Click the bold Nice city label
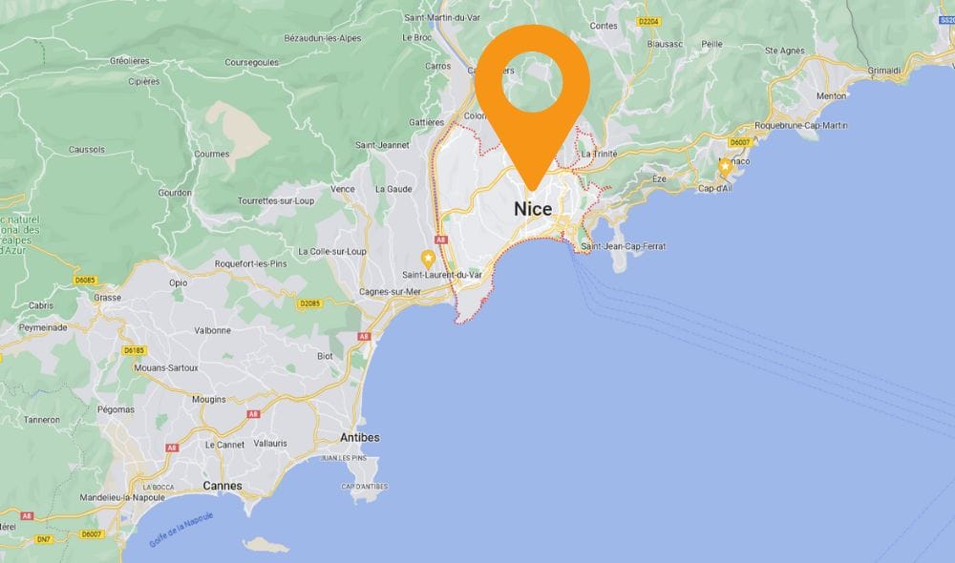(533, 209)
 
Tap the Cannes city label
(222, 486)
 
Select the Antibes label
(360, 437)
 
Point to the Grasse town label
(108, 297)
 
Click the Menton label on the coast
(832, 95)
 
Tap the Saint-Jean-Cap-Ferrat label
(624, 246)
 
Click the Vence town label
(342, 189)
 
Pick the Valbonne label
(212, 330)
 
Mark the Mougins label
(209, 399)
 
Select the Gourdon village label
(175, 191)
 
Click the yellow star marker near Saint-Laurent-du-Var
(428, 257)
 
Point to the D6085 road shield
(86, 280)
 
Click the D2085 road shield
(308, 303)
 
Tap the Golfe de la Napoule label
(181, 530)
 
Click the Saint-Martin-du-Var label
(442, 17)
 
